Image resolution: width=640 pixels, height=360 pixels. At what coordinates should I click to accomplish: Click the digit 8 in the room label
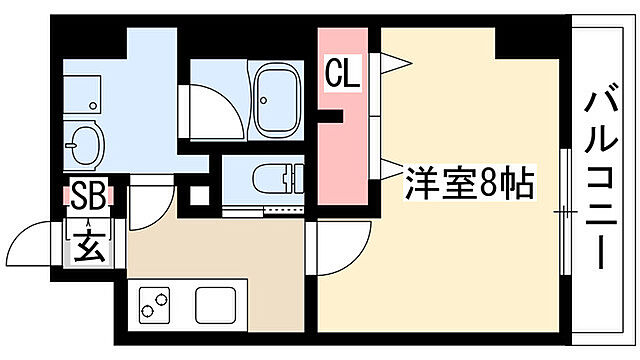(x=493, y=183)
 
